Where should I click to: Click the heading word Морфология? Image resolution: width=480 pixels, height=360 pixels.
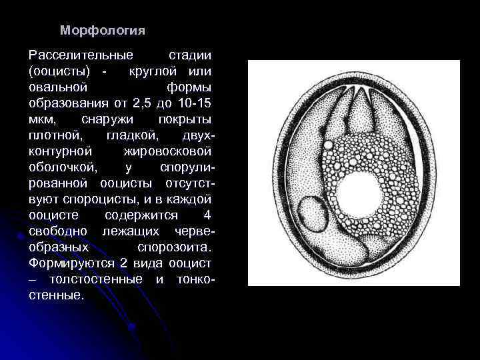(x=102, y=31)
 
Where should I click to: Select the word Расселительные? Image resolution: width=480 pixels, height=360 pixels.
(x=81, y=55)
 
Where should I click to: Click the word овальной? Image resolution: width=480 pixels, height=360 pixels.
(x=59, y=87)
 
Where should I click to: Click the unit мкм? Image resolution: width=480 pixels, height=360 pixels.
(x=43, y=119)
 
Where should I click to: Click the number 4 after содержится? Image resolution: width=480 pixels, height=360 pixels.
(x=207, y=215)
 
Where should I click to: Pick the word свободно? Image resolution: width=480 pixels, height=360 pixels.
(x=60, y=231)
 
